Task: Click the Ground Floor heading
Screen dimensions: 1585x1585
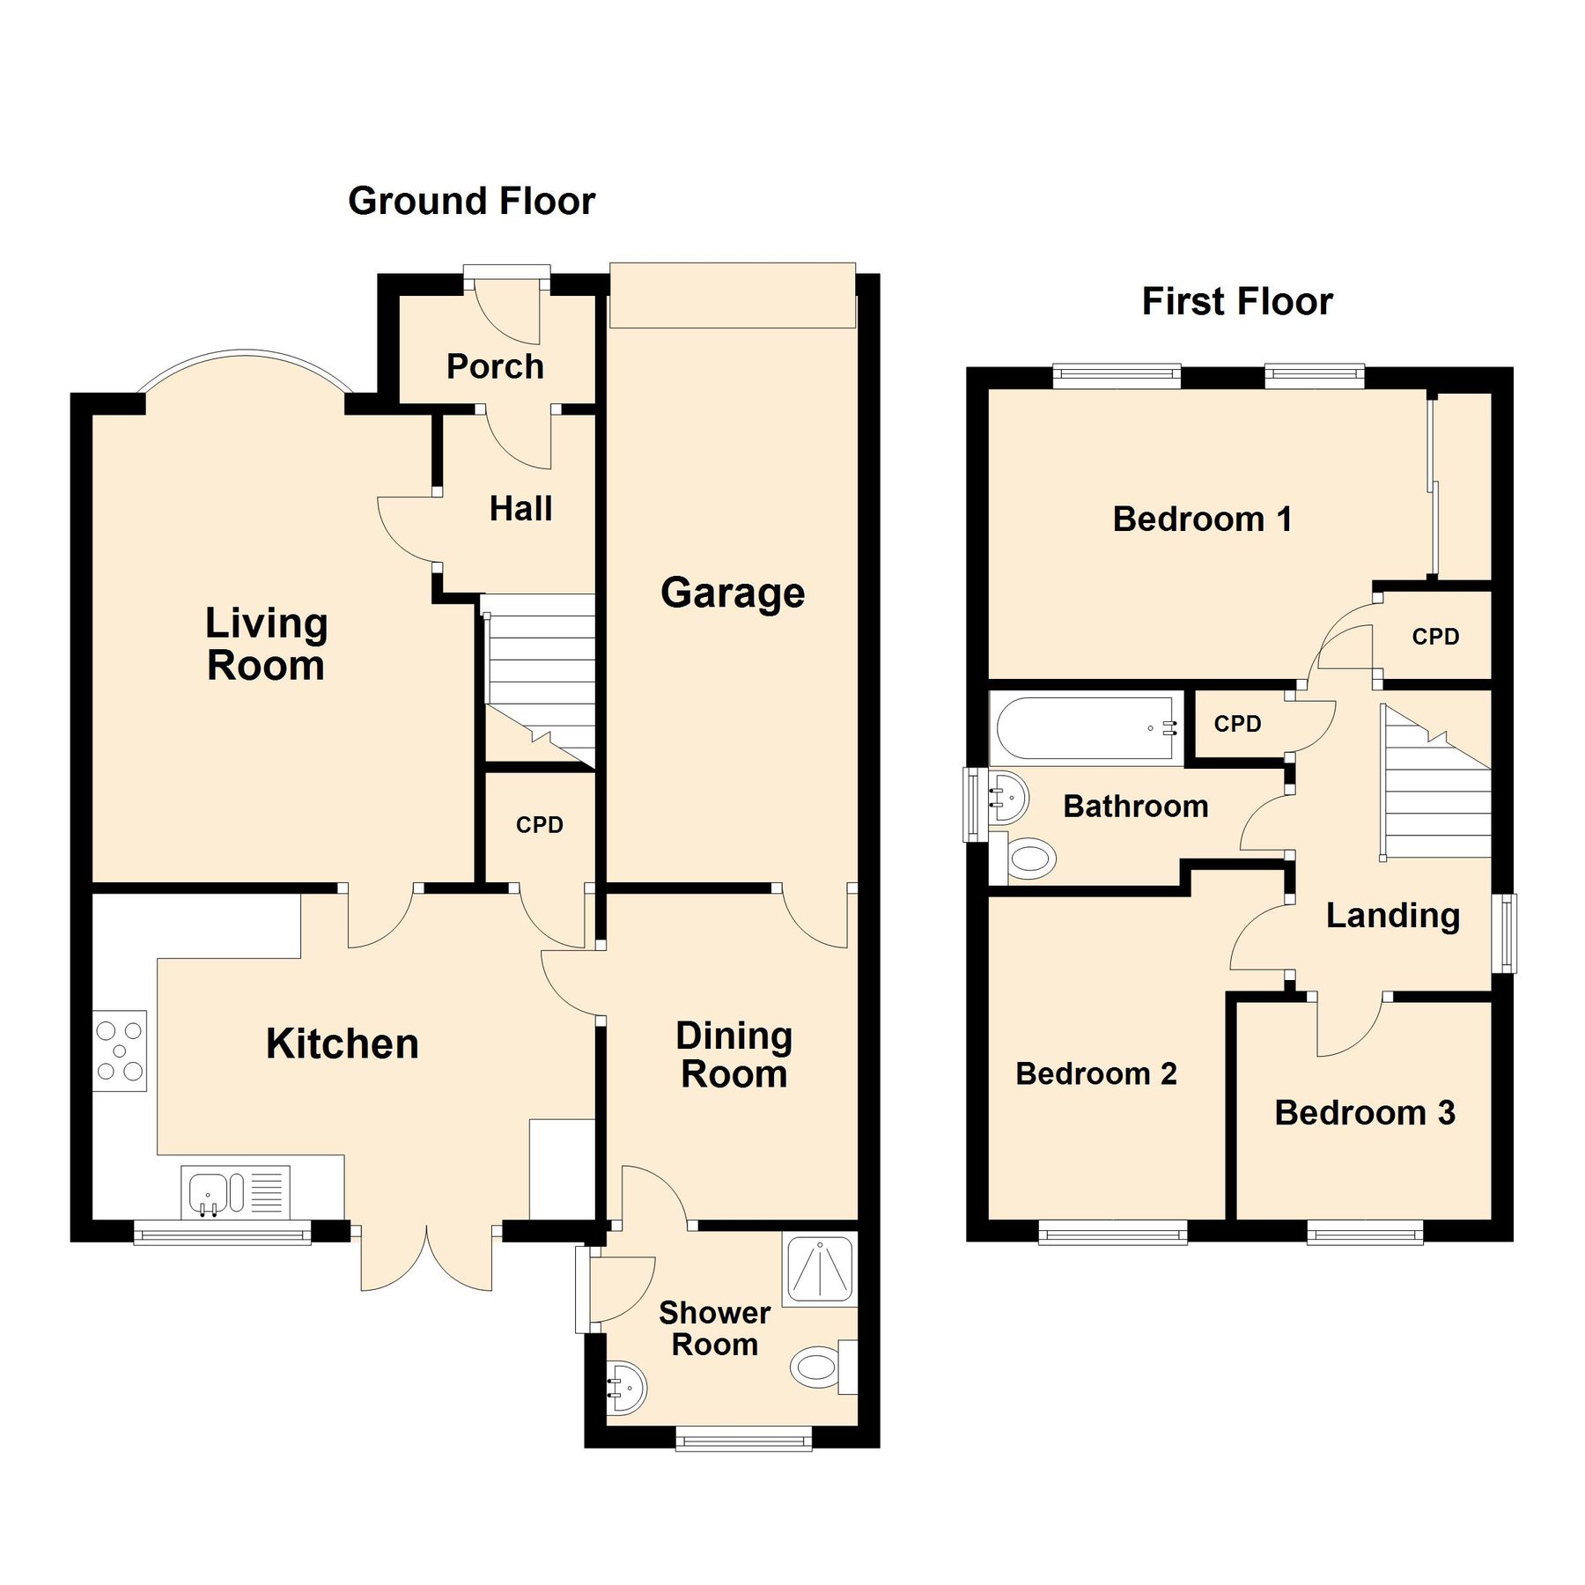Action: click(471, 202)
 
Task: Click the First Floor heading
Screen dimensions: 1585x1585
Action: click(1236, 302)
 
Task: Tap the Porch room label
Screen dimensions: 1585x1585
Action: click(495, 366)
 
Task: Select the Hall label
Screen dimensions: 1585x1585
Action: click(520, 509)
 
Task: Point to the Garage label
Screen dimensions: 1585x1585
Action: click(733, 593)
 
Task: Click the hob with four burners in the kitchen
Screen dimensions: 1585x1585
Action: click(120, 1050)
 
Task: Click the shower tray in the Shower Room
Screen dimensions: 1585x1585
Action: click(819, 1270)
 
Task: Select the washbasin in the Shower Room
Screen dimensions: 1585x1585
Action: click(627, 1388)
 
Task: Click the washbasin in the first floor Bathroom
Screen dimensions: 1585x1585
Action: click(1008, 798)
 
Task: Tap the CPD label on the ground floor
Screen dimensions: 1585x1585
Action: click(539, 825)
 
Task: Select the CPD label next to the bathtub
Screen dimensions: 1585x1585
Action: click(1237, 724)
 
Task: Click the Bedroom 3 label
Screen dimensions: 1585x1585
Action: click(1364, 1113)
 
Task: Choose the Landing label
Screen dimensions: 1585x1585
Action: click(1393, 916)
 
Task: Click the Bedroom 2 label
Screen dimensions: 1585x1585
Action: click(1095, 1074)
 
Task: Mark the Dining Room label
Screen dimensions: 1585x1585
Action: click(734, 1055)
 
